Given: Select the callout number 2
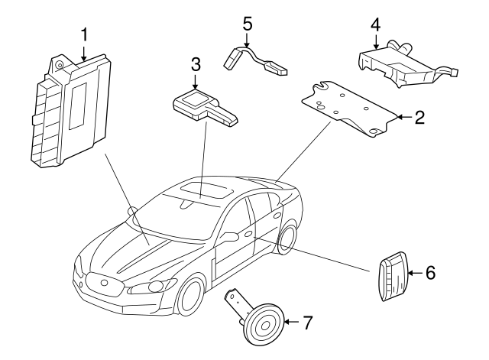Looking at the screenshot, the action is [419, 117].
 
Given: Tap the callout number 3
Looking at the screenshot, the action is [196, 64].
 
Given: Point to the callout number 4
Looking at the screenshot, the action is [376, 25].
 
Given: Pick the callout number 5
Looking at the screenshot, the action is [247, 24].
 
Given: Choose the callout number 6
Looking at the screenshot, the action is [430, 273].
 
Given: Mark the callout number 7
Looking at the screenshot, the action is [307, 323].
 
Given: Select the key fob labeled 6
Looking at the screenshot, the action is [393, 275].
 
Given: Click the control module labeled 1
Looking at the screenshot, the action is [71, 112].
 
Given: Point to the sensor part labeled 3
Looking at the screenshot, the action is [205, 107].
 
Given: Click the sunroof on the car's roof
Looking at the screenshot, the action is [206, 190].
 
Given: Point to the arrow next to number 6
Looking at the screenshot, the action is [416, 273].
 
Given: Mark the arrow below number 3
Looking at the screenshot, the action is [196, 82].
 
